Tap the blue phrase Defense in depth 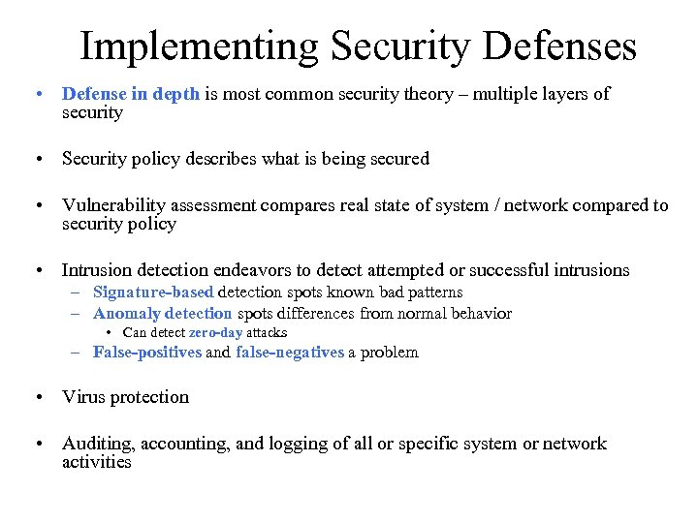(x=131, y=94)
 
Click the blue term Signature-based (x=153, y=292)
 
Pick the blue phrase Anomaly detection (x=162, y=313)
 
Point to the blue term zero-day (x=215, y=332)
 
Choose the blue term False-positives (x=147, y=353)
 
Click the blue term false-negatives (x=289, y=353)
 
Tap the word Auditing (x=98, y=444)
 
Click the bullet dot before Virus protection (x=37, y=397)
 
